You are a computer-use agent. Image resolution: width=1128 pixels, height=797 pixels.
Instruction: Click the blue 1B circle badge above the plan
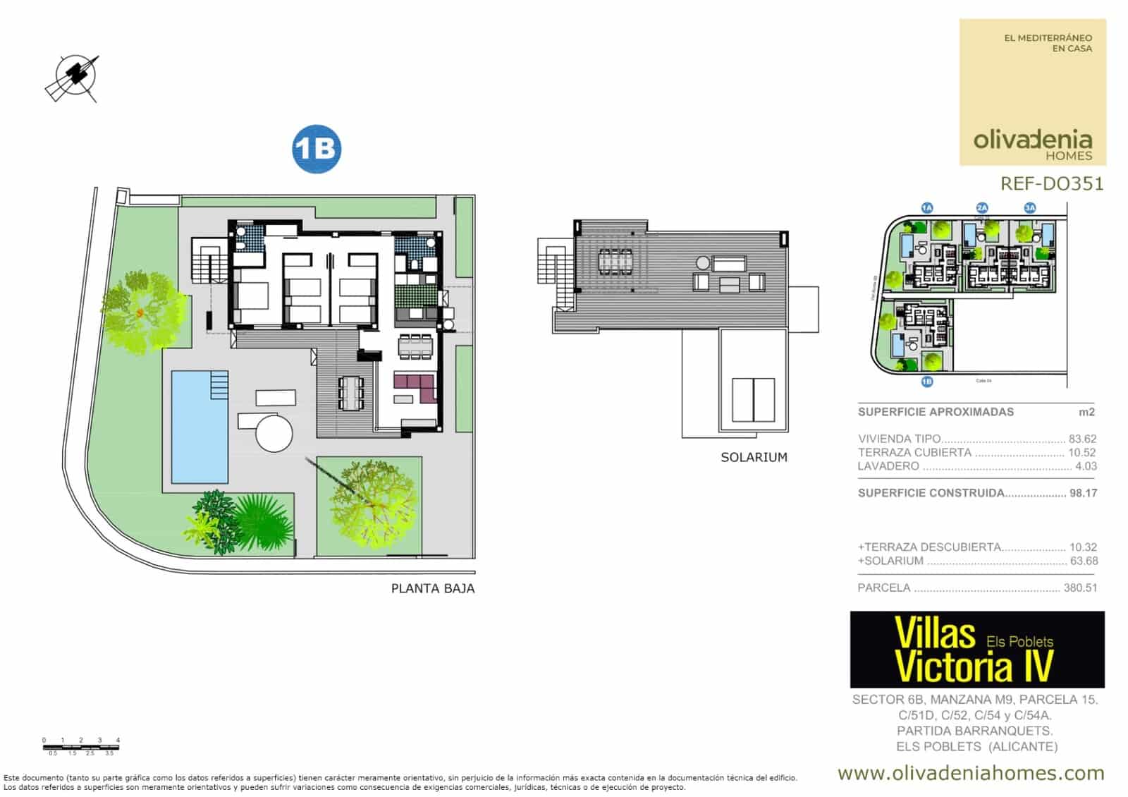[317, 150]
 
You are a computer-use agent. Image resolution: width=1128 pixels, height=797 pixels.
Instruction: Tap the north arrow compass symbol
[73, 78]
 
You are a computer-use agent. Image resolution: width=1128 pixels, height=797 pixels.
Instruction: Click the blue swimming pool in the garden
[200, 427]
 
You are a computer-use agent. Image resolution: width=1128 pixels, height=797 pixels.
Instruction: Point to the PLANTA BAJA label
[433, 588]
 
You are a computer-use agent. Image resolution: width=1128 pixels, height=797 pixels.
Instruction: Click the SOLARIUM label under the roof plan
[754, 457]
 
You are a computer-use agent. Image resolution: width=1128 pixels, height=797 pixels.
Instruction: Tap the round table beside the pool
[274, 433]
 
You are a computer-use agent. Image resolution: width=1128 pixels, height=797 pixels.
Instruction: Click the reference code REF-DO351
[1051, 183]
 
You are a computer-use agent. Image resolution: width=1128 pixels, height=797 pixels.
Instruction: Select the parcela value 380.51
[1080, 588]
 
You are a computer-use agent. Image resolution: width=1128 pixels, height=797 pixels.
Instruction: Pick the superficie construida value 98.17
[1083, 493]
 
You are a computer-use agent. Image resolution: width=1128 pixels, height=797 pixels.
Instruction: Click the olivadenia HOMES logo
[1033, 145]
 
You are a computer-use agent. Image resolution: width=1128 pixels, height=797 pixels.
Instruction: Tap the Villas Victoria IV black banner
[977, 650]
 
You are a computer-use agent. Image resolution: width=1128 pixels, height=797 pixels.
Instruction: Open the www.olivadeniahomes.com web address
[971, 773]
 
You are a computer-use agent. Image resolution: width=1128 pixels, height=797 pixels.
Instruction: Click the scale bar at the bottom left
[80, 746]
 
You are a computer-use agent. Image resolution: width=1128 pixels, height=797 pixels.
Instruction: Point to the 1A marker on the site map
[927, 207]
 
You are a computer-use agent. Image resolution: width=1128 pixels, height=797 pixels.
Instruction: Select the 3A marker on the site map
[1030, 207]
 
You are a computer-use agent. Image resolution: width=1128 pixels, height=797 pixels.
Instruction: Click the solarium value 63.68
[1083, 561]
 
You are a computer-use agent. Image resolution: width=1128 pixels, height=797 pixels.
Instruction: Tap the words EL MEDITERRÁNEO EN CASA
[1048, 43]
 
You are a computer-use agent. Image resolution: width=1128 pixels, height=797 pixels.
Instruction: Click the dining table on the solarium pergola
[615, 261]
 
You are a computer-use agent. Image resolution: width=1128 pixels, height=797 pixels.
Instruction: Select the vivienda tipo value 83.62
[1083, 439]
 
